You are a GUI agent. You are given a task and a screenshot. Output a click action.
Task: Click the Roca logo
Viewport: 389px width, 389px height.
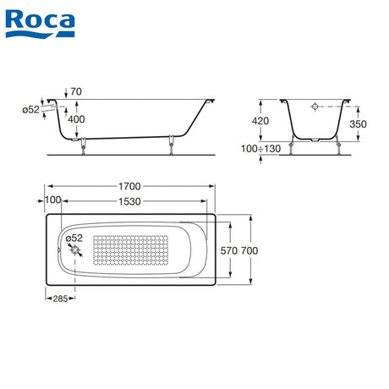coord(40,24)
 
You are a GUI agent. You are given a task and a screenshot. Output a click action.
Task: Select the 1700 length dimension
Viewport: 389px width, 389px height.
coord(129,186)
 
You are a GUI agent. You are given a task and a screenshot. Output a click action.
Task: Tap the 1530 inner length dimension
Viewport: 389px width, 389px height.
coord(129,201)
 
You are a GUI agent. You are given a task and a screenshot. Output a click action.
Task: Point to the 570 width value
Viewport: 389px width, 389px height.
coord(229,250)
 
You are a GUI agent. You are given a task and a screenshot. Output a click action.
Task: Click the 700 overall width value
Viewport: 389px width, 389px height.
coord(249,250)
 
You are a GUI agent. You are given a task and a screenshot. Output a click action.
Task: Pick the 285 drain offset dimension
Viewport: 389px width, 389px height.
coord(60,299)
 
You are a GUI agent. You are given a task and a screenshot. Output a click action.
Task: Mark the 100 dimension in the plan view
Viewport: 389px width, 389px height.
coord(53,200)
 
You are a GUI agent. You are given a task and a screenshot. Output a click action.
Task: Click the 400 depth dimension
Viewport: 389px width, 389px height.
coord(76,119)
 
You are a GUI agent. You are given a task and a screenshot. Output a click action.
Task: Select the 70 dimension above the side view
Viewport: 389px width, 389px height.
coord(76,91)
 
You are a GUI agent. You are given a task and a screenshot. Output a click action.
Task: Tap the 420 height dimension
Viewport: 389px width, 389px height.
coord(260,121)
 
